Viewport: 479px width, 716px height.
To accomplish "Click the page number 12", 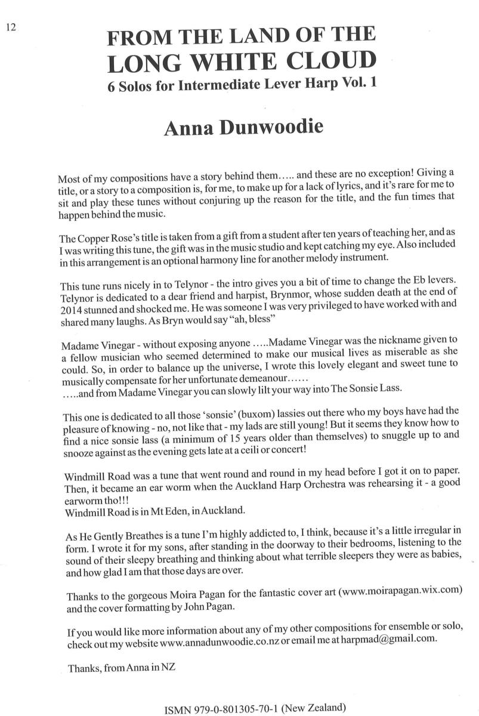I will [x=11, y=26].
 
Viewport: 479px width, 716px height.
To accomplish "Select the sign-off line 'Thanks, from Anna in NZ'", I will [x=121, y=663].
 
